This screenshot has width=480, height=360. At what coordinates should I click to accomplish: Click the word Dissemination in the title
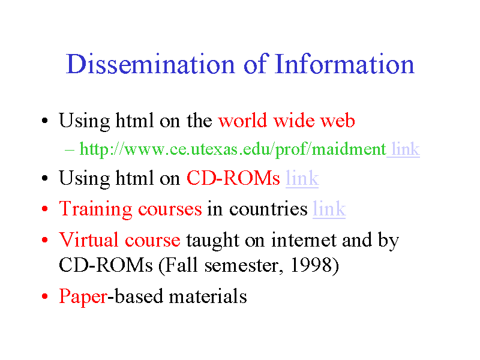coord(151,64)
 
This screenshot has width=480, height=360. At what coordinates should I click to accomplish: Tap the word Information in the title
coord(344,64)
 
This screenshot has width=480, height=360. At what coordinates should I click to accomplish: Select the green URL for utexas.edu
coord(233,149)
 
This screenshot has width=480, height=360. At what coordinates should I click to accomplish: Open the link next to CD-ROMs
coord(302,178)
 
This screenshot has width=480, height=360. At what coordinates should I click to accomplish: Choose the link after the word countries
coord(329,209)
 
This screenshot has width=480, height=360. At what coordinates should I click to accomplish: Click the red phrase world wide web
coord(287,120)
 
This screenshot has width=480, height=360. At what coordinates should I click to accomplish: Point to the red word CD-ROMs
coord(233,178)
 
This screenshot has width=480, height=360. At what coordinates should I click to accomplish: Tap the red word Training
coord(95,209)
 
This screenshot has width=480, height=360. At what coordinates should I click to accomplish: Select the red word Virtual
coord(88,239)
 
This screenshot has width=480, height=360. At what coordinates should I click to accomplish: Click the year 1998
coord(311,265)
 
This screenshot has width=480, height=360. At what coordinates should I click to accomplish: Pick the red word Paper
coord(83,297)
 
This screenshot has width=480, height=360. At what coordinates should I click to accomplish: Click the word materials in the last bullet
coord(208,296)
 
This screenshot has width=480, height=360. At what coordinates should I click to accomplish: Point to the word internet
coord(304,239)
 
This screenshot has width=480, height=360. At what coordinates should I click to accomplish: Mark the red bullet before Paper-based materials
coord(45,296)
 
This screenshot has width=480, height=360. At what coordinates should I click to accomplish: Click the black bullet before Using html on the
coord(45,121)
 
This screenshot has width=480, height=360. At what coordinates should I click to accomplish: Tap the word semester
coord(242,265)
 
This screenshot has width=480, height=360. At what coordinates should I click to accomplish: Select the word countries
coord(268,209)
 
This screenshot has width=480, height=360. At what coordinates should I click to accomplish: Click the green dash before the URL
coord(69,150)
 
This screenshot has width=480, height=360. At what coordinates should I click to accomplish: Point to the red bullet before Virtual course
coord(45,239)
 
